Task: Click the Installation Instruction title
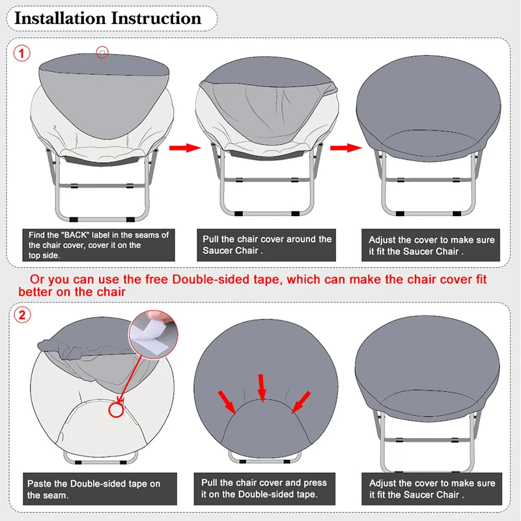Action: tap(108, 18)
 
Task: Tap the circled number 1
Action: tap(23, 54)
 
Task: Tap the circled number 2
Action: tap(23, 316)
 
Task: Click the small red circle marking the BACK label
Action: tap(102, 53)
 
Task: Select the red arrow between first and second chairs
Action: tap(184, 148)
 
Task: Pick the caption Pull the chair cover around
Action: tap(267, 245)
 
